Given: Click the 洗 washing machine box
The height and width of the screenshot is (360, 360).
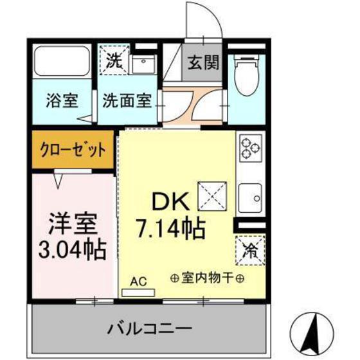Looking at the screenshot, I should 113,62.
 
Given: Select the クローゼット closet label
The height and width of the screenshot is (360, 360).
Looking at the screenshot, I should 74,150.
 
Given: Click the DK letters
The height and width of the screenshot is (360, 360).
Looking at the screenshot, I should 170,203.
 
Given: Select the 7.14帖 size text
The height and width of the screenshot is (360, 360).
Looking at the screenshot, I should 170,227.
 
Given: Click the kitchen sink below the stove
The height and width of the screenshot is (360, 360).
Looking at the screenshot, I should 249,195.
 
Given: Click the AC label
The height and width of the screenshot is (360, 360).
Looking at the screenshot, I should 138,282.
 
